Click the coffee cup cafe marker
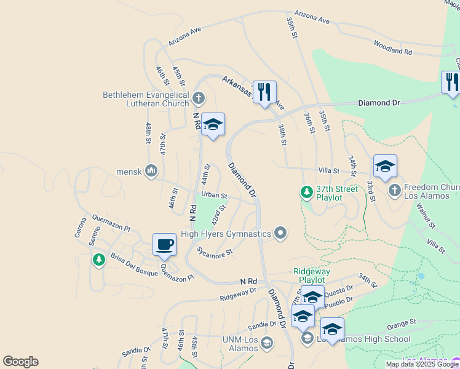[164, 245]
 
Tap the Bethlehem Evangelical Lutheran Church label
[146, 99]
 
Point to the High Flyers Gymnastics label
[226, 234]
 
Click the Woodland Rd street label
[392, 47]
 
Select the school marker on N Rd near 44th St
[213, 125]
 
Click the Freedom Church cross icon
[395, 191]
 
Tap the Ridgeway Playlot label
[311, 276]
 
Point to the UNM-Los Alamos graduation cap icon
[266, 343]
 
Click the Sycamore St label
[215, 251]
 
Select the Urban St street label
[214, 195]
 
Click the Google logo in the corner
[20, 362]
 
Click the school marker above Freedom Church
[385, 167]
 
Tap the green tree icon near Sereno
[98, 260]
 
